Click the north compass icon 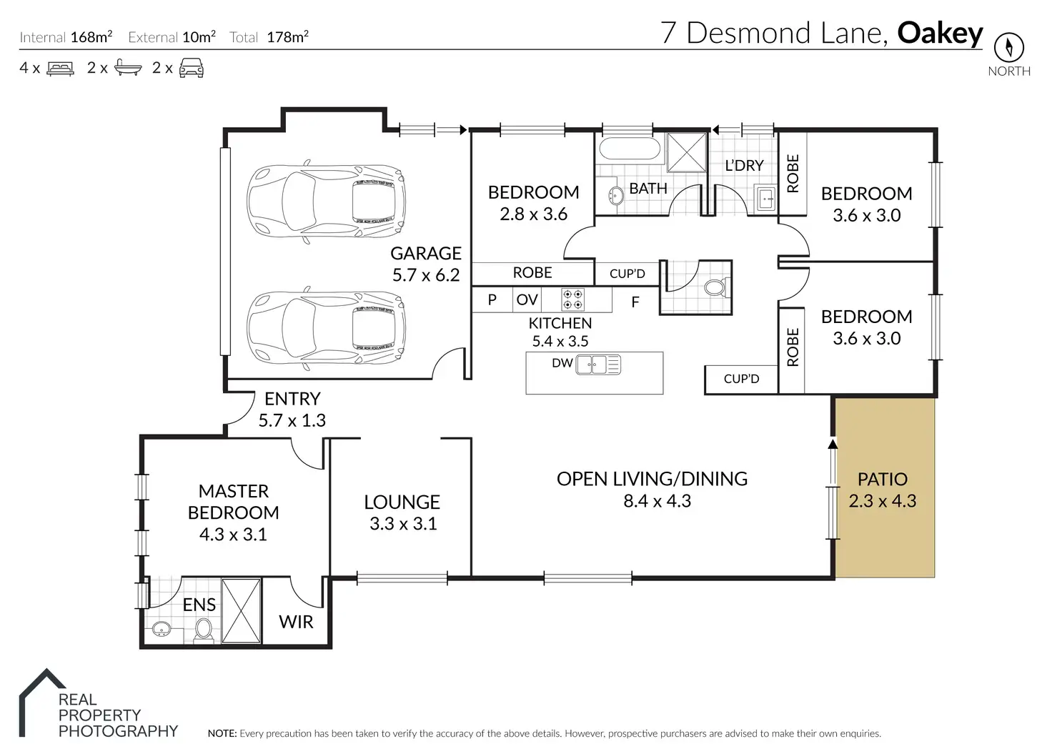pos(1009,47)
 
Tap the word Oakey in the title pos(940,34)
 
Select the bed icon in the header pos(61,68)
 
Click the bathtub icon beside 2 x pos(128,68)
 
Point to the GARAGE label pos(426,253)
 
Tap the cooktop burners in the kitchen pos(573,299)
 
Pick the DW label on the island pos(562,363)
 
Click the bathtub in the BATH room pos(630,149)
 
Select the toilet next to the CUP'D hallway pos(717,287)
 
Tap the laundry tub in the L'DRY pos(765,199)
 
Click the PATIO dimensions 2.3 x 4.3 pos(883,501)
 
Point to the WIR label pos(296,622)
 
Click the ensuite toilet pos(204,630)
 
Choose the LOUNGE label pos(402,502)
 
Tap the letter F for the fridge pos(635,302)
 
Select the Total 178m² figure pos(288,36)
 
